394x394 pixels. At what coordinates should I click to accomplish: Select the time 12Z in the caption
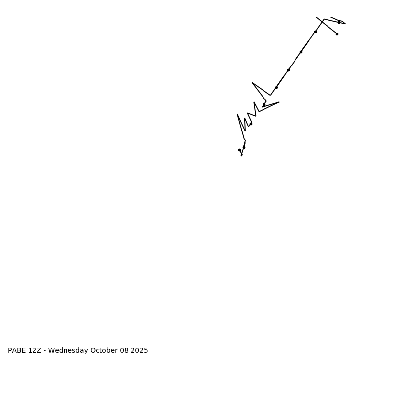tap(35, 351)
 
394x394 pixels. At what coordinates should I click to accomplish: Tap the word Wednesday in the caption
tap(68, 351)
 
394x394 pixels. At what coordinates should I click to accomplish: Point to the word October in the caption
tap(103, 351)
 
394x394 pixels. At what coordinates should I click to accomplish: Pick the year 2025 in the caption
tap(140, 351)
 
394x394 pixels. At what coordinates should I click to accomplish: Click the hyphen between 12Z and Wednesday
tap(45, 351)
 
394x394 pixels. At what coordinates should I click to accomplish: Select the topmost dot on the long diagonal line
tap(315, 32)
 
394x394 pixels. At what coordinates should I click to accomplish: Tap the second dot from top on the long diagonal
tap(301, 52)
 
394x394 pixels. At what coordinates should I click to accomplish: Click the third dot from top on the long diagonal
tap(288, 70)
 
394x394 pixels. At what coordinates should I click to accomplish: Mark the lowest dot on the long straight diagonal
tap(276, 87)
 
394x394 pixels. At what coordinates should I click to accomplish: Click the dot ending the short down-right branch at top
tap(337, 34)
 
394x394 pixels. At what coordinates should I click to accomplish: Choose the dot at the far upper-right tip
tap(339, 22)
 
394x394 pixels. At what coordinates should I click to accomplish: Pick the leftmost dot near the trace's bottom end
tap(239, 150)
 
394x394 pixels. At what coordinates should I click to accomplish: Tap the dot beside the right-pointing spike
tap(264, 105)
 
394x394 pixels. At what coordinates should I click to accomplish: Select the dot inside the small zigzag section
tap(251, 124)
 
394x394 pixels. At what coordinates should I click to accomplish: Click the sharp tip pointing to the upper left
tap(252, 83)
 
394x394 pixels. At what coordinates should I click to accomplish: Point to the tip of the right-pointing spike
tap(279, 102)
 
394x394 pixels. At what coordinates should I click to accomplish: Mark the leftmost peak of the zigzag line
tap(237, 114)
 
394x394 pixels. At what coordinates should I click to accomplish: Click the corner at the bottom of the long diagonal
tap(270, 95)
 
